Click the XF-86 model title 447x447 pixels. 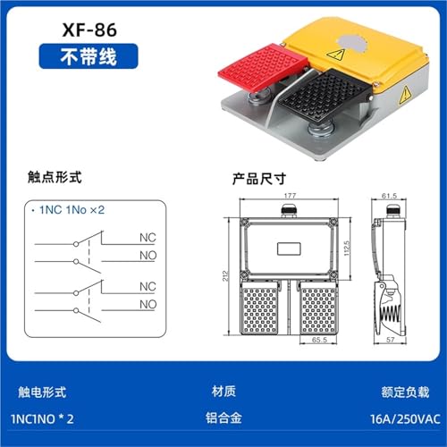[89, 30]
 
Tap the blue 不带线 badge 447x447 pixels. [89, 56]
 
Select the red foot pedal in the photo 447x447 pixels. [262, 67]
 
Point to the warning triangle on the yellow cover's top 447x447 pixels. [336, 54]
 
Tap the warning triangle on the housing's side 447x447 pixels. [405, 95]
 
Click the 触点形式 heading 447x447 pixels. [55, 177]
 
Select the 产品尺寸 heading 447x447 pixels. [259, 179]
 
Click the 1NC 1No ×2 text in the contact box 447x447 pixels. [72, 210]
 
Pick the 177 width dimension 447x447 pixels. [290, 196]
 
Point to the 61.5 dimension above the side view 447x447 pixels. [389, 196]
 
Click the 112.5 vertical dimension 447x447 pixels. [346, 249]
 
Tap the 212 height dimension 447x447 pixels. [225, 275]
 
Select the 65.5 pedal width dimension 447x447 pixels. [319, 340]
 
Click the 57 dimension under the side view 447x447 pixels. [391, 340]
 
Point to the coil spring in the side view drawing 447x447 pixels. [390, 314]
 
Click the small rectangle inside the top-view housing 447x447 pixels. [289, 249]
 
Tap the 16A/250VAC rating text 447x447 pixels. [405, 419]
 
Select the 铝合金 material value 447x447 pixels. [223, 417]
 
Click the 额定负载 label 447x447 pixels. [405, 392]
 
